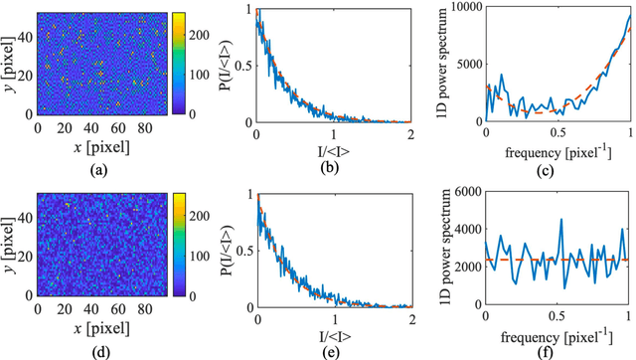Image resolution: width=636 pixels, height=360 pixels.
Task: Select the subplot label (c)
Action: [x=557, y=168]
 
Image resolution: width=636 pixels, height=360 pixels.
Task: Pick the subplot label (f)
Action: [x=557, y=347]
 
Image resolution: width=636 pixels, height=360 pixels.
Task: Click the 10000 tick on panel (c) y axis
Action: [x=464, y=11]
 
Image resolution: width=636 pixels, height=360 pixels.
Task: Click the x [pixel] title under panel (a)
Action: [x=89, y=147]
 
